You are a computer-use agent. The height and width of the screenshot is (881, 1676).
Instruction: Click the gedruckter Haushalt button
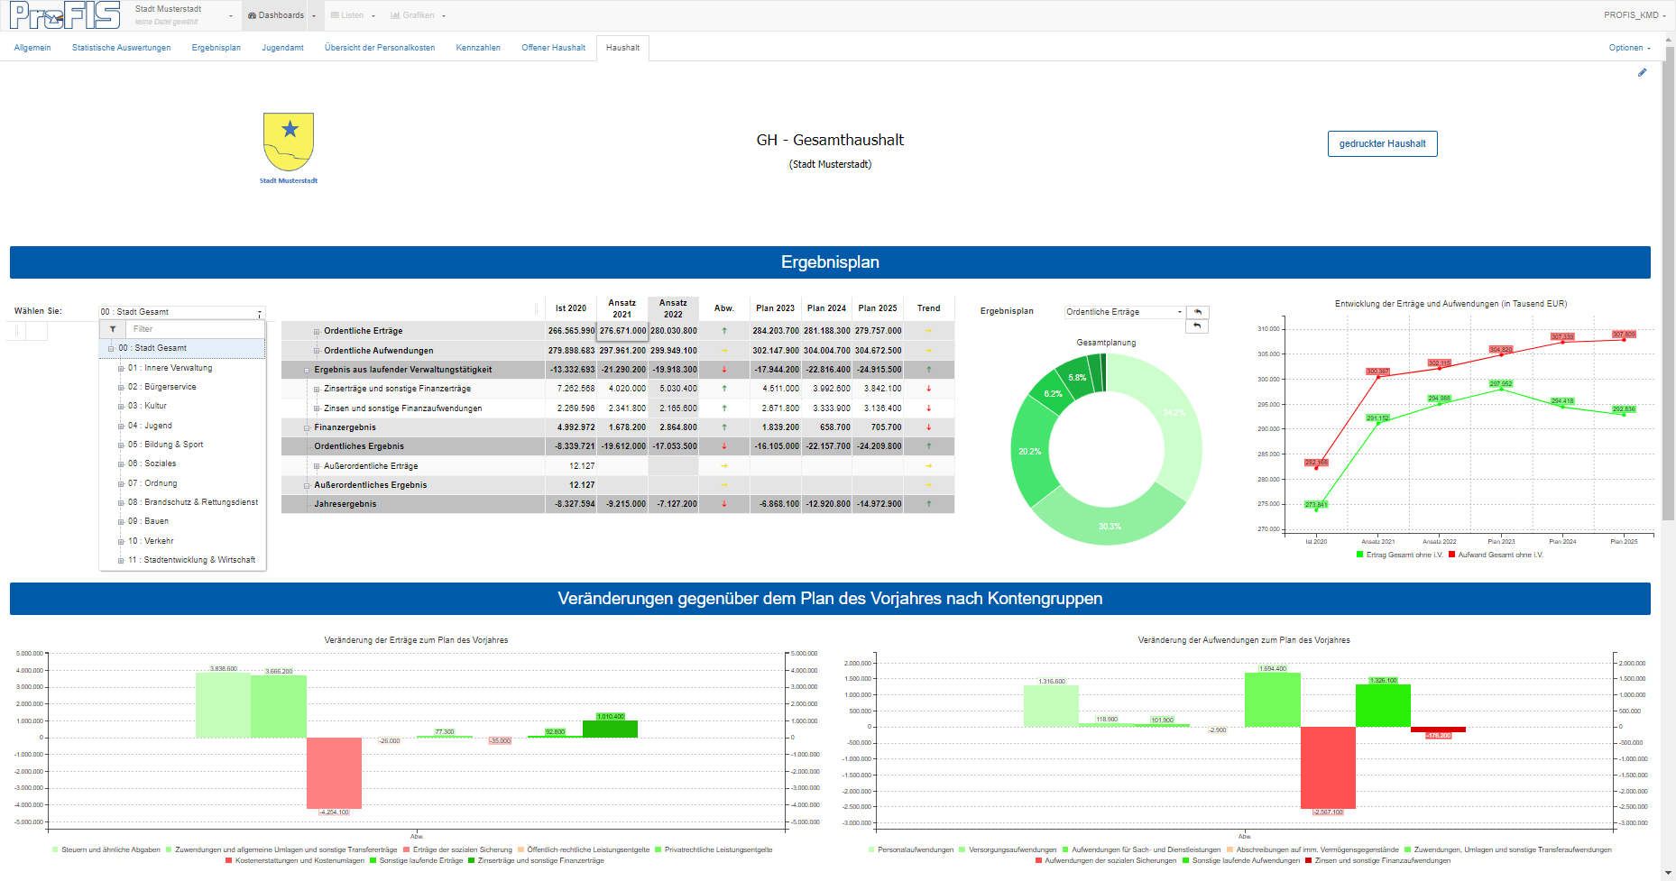(1382, 144)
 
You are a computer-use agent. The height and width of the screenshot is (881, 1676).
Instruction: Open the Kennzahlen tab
(478, 48)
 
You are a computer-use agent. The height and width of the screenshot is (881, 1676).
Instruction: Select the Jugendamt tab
(282, 48)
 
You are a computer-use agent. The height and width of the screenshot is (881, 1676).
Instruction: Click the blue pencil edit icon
(1642, 73)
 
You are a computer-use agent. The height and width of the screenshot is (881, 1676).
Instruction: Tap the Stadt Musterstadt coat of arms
(289, 142)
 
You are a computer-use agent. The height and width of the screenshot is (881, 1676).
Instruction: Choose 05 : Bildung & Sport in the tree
(165, 445)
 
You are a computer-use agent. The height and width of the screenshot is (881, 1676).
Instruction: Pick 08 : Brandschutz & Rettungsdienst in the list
(193, 502)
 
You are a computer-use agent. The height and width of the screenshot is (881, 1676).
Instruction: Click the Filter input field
(194, 329)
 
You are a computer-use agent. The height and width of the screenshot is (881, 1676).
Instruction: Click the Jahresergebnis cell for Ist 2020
(571, 504)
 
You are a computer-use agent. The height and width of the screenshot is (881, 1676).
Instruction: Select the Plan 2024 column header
(826, 308)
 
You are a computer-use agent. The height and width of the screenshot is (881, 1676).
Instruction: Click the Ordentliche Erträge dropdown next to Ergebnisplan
(1124, 312)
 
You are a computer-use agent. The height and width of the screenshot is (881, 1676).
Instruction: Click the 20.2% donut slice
(1029, 452)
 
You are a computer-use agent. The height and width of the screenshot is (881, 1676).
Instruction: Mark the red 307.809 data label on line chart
(1624, 335)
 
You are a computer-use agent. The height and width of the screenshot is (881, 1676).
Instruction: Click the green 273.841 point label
(1316, 505)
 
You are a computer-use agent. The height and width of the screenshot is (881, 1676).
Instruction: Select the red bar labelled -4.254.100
(334, 773)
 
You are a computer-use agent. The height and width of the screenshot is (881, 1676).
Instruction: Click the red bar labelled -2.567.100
(1328, 766)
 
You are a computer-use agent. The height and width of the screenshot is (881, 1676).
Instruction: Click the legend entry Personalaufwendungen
(915, 849)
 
